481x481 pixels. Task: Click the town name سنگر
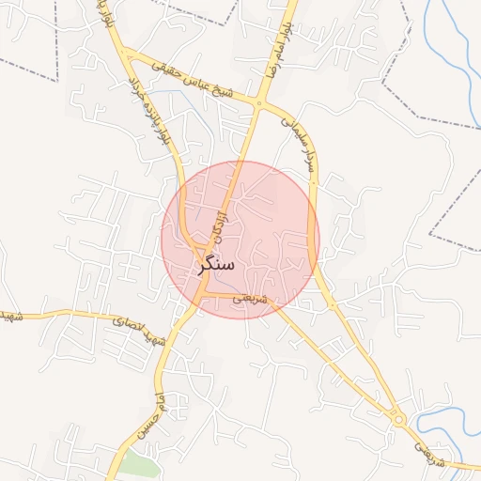(x=216, y=266)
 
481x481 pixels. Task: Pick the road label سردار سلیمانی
(x=300, y=141)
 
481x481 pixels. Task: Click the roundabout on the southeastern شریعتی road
(x=399, y=416)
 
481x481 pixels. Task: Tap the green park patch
(x=137, y=465)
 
